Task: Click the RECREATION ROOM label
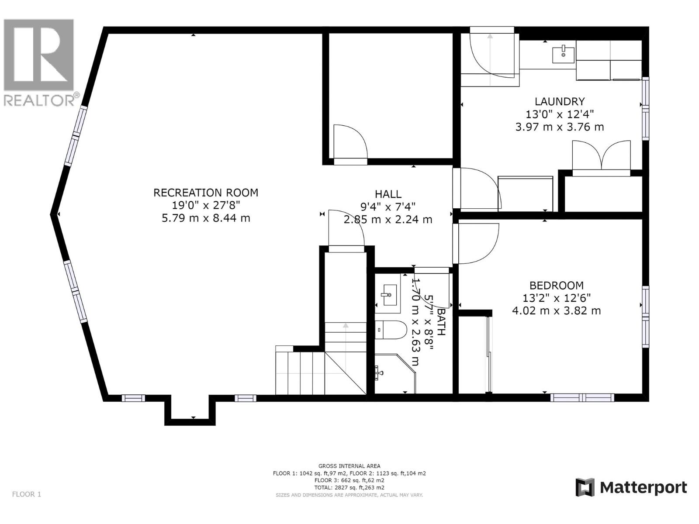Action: coord(206,193)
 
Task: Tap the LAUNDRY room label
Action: coord(559,102)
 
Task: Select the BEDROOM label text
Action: coord(556,286)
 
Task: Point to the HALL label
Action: coord(388,194)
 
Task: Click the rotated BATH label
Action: coord(441,322)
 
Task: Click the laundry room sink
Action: coord(563,55)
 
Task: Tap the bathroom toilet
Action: coord(390,330)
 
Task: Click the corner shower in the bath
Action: coord(393,374)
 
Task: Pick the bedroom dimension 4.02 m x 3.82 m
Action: coord(556,311)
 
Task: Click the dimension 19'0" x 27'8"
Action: coord(206,205)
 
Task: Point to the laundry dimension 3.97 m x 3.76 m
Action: coord(559,127)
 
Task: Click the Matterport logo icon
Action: coord(585,487)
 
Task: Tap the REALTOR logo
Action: coord(39,61)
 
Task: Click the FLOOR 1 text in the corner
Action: coord(26,494)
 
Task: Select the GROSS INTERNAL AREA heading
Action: coord(349,466)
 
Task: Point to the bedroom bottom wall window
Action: coord(582,397)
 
